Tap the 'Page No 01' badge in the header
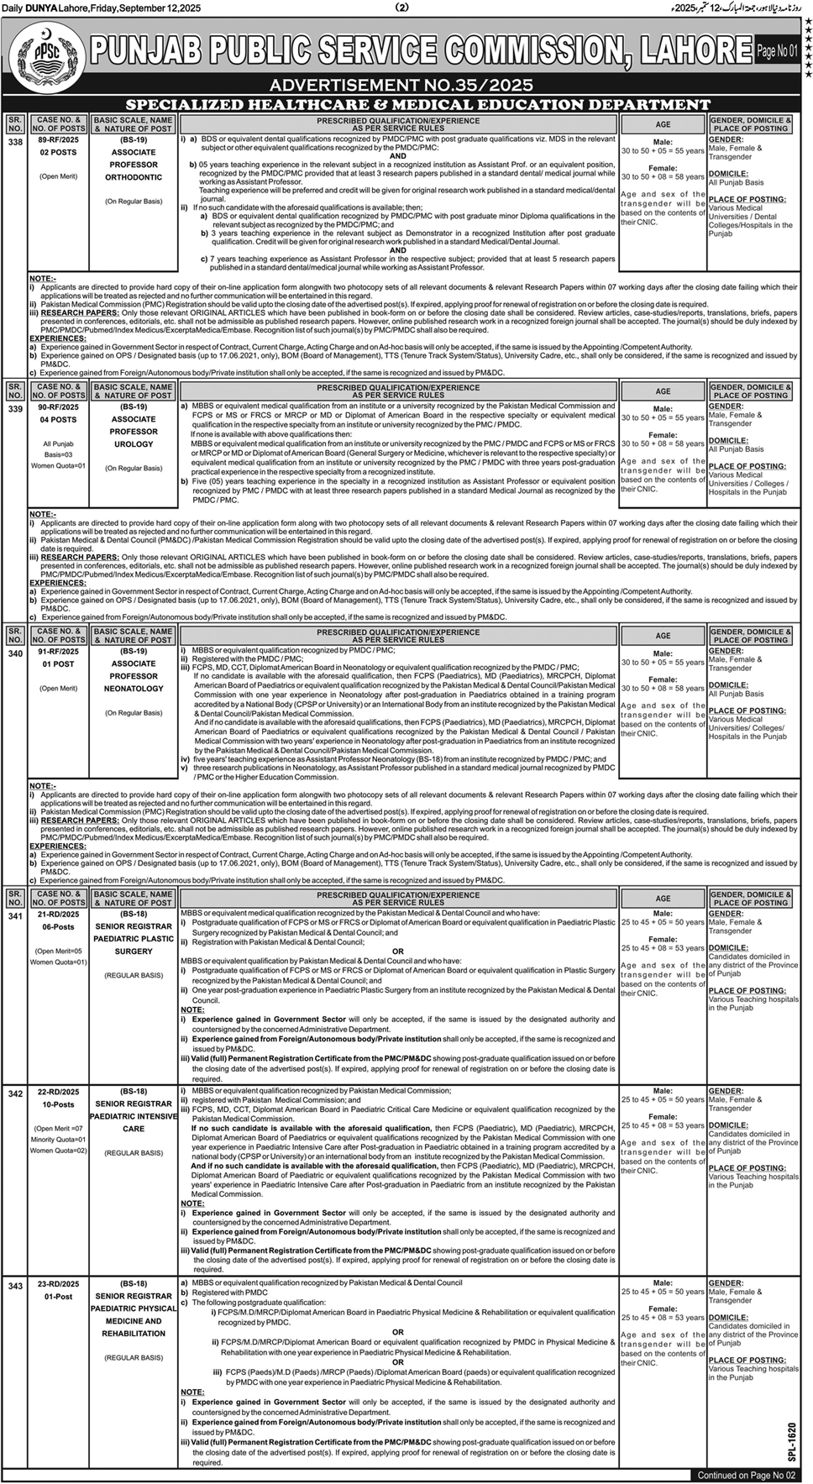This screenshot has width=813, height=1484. [777, 51]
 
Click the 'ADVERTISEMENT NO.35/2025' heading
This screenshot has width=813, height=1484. [401, 86]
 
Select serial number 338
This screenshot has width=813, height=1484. [15, 143]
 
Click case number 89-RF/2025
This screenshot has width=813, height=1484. [58, 140]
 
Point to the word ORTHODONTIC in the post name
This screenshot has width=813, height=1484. [134, 177]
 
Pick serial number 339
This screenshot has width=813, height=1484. [15, 409]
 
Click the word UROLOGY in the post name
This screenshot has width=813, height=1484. [134, 444]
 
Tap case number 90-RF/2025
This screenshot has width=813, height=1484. [58, 406]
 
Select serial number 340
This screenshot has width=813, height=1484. [15, 653]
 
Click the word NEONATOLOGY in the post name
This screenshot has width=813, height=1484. [134, 689]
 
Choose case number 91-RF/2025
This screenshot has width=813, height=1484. [58, 651]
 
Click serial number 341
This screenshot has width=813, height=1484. [15, 916]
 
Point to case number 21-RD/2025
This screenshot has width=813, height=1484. [58, 914]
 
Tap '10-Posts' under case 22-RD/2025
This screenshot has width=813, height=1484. [58, 1104]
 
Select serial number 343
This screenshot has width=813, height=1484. [15, 1286]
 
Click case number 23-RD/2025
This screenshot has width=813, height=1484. [58, 1283]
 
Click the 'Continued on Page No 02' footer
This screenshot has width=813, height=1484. [746, 1475]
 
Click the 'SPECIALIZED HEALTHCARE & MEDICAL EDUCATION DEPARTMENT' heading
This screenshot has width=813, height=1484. [417, 105]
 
